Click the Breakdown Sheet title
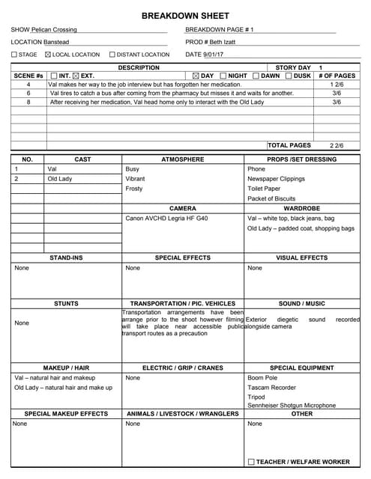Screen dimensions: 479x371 tap(185, 16)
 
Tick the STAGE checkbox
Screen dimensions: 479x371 tap(14, 55)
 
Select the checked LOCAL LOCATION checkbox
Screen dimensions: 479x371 tap(49, 55)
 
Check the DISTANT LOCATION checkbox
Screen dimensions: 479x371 tap(112, 55)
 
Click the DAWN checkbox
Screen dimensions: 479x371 tap(256, 76)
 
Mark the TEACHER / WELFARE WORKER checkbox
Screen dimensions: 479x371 tap(251, 462)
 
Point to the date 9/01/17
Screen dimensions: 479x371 tap(214, 55)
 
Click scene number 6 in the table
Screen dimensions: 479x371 tap(28, 94)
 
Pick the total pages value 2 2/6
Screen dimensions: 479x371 tap(337, 145)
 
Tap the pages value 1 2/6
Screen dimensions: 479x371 tap(337, 85)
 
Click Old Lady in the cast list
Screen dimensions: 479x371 tap(60, 179)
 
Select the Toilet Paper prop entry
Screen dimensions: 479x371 tap(264, 189)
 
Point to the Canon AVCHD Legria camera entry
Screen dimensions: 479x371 tap(166, 218)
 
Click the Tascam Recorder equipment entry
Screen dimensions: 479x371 tap(271, 388)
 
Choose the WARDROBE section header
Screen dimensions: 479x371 tap(302, 208)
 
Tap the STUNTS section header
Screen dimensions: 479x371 tap(66, 304)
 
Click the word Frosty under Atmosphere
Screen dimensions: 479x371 tap(134, 189)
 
